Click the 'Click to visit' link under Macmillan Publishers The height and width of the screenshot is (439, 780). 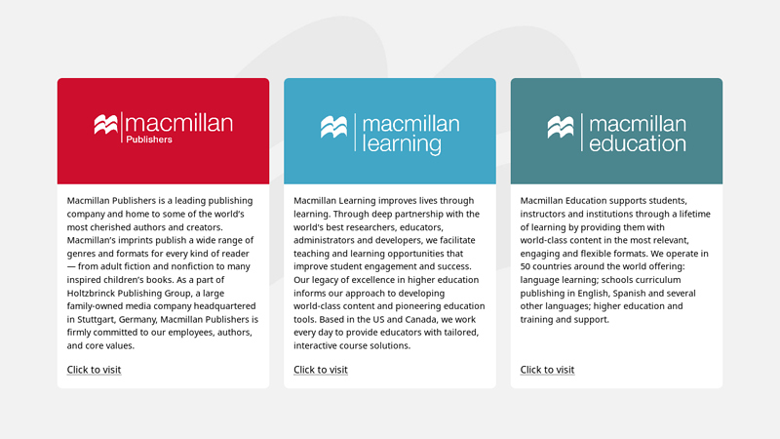(x=94, y=370)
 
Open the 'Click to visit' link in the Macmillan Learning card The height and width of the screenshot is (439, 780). (x=321, y=370)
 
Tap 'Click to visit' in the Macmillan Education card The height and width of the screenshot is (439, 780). (x=547, y=370)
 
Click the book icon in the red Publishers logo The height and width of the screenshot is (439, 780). (x=105, y=125)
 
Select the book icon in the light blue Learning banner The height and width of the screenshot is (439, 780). (x=333, y=127)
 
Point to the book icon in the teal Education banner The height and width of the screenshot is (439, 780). (x=560, y=127)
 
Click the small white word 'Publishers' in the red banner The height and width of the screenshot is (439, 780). (x=149, y=140)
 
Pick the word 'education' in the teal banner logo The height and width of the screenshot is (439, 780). (x=637, y=144)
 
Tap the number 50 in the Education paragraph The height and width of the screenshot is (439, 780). (x=526, y=266)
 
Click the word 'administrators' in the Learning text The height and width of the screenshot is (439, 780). (x=327, y=240)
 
